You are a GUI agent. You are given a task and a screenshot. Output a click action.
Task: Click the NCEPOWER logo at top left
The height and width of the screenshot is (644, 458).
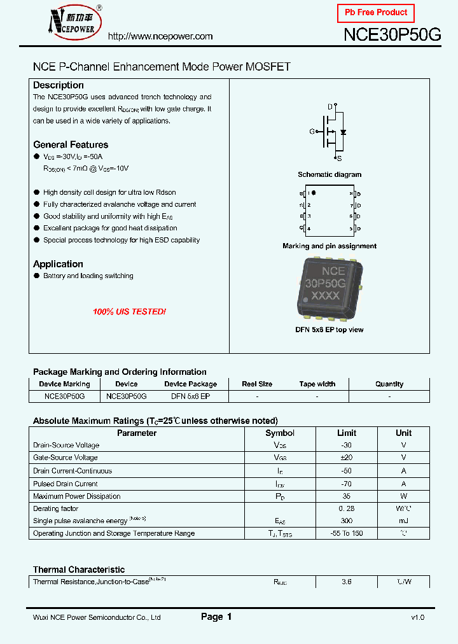click(x=67, y=23)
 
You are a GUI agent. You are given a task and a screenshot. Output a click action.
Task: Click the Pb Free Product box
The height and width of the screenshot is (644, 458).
click(x=375, y=13)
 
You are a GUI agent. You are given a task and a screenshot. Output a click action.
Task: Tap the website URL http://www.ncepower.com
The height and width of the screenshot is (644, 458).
click(x=160, y=36)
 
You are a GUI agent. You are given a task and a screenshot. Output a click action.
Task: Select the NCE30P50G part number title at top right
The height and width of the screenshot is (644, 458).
click(x=392, y=35)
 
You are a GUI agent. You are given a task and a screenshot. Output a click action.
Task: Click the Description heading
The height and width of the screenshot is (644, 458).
click(x=59, y=85)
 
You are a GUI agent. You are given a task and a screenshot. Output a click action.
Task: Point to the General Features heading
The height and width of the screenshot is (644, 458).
click(x=71, y=144)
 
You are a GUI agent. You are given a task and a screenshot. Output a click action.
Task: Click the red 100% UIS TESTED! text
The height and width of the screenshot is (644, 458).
click(x=129, y=312)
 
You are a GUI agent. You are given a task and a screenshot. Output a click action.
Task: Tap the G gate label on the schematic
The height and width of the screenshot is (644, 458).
click(x=312, y=132)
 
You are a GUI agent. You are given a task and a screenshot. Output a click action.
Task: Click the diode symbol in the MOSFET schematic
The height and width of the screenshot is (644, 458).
click(x=343, y=132)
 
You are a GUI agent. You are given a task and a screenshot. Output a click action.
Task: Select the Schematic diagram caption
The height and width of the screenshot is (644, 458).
click(x=330, y=174)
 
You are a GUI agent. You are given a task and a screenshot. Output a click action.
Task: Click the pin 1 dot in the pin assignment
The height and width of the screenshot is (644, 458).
click(x=314, y=192)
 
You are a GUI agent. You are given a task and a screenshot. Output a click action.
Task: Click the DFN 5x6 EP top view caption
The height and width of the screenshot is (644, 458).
click(x=330, y=330)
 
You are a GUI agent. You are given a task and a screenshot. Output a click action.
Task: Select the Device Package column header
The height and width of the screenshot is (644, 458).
click(x=190, y=384)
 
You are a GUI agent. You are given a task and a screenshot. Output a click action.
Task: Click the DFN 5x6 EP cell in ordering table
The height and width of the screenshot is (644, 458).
click(x=190, y=396)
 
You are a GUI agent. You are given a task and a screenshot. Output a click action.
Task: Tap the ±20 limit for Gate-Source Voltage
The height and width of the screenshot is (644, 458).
click(x=346, y=458)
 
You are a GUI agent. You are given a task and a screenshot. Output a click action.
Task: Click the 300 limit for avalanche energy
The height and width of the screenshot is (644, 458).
click(x=346, y=521)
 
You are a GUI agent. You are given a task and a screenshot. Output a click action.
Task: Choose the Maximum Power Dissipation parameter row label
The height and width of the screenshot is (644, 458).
click(x=76, y=496)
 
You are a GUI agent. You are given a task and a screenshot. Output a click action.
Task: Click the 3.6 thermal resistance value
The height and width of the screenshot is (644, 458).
click(x=347, y=582)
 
